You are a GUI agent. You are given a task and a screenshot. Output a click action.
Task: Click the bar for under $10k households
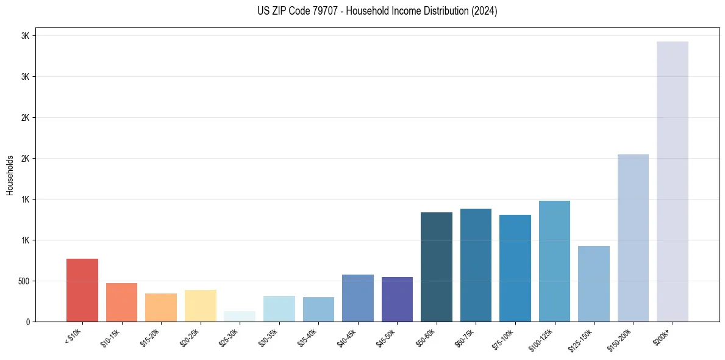[82, 290]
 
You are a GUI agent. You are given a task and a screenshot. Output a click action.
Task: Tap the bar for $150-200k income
[633, 238]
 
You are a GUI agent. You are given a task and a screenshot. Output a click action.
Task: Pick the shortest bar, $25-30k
[240, 317]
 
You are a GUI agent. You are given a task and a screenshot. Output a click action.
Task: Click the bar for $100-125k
[554, 261]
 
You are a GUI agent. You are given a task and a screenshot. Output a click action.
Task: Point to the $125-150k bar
[594, 284]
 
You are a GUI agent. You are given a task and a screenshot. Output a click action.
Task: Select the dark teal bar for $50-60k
[437, 267]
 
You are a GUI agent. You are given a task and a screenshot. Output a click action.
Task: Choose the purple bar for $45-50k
[397, 300]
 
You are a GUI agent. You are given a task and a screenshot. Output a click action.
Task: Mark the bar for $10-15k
[121, 303]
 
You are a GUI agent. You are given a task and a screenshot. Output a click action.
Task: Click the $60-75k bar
[476, 265]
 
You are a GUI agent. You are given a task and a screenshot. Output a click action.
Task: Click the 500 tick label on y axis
[24, 281]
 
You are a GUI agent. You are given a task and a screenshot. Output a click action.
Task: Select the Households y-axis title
[10, 175]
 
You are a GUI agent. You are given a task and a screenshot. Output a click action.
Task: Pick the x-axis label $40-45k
[347, 337]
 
